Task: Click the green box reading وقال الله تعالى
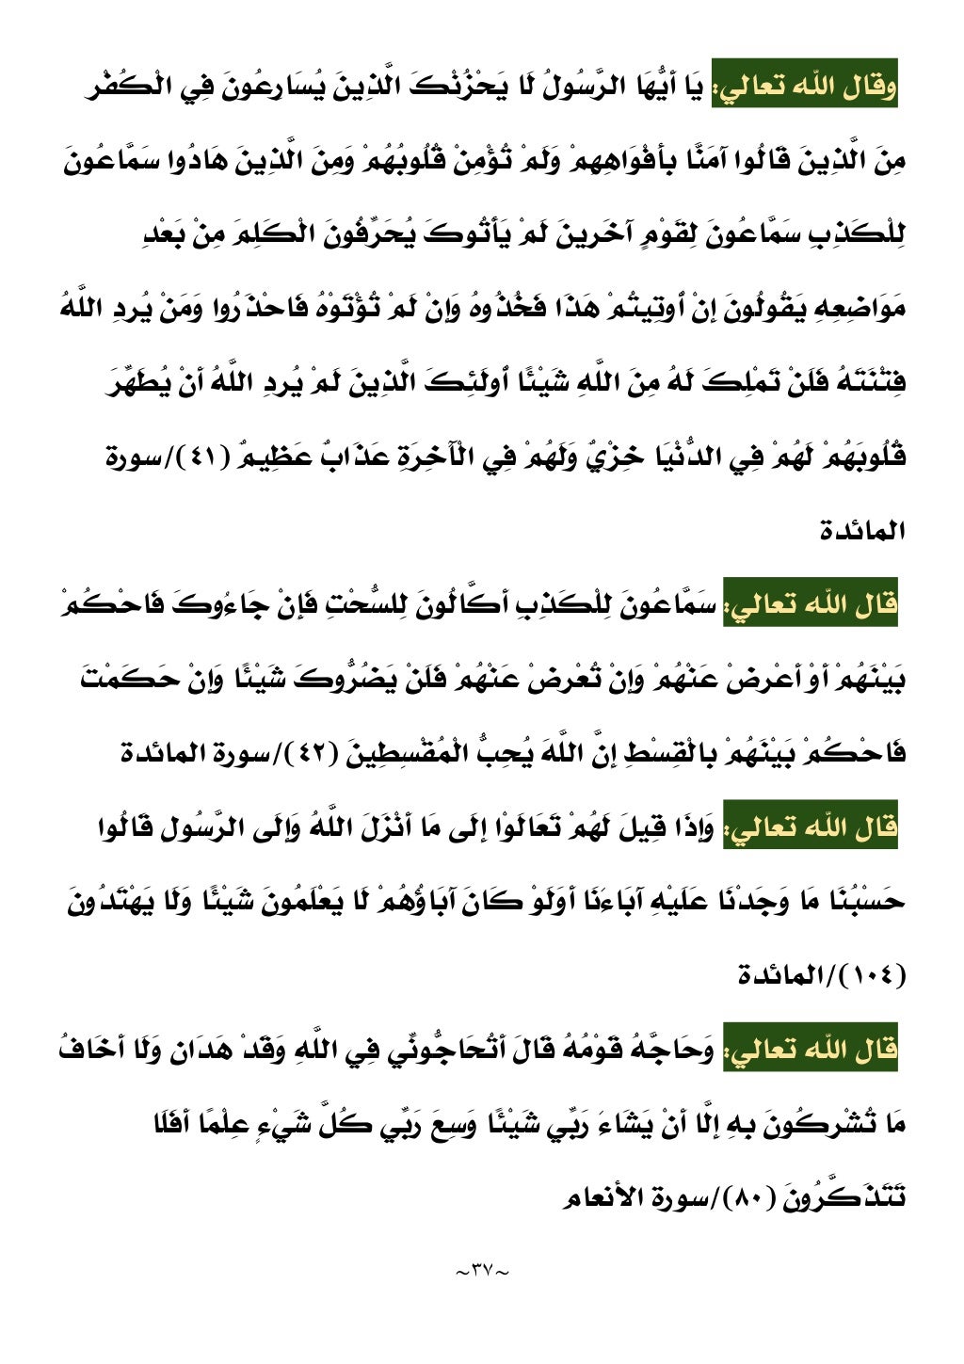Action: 805,87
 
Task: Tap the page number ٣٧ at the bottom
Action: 481,1271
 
